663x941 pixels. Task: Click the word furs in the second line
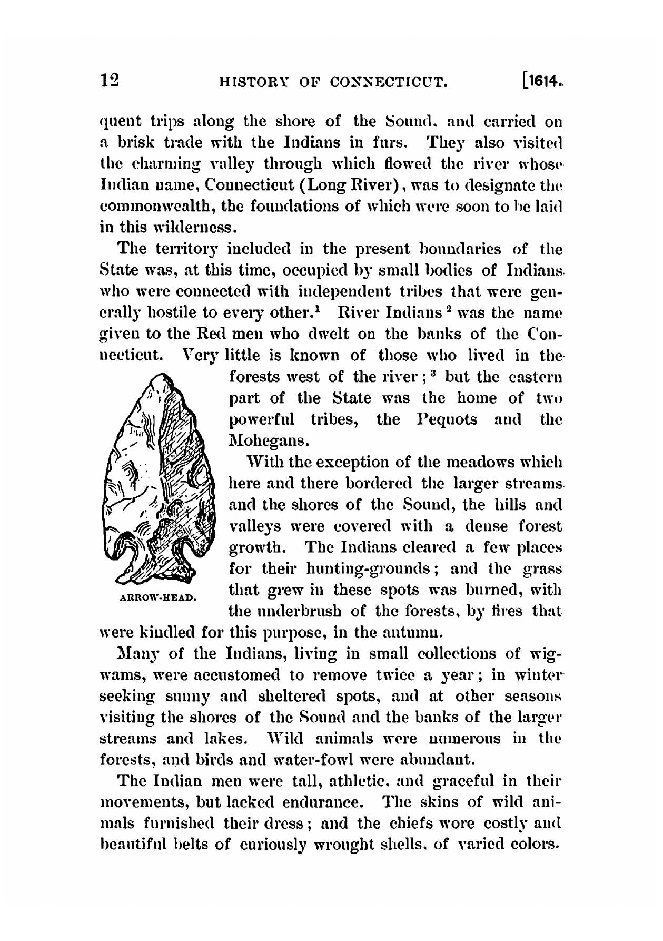[390, 142]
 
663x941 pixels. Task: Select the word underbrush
[308, 612]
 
